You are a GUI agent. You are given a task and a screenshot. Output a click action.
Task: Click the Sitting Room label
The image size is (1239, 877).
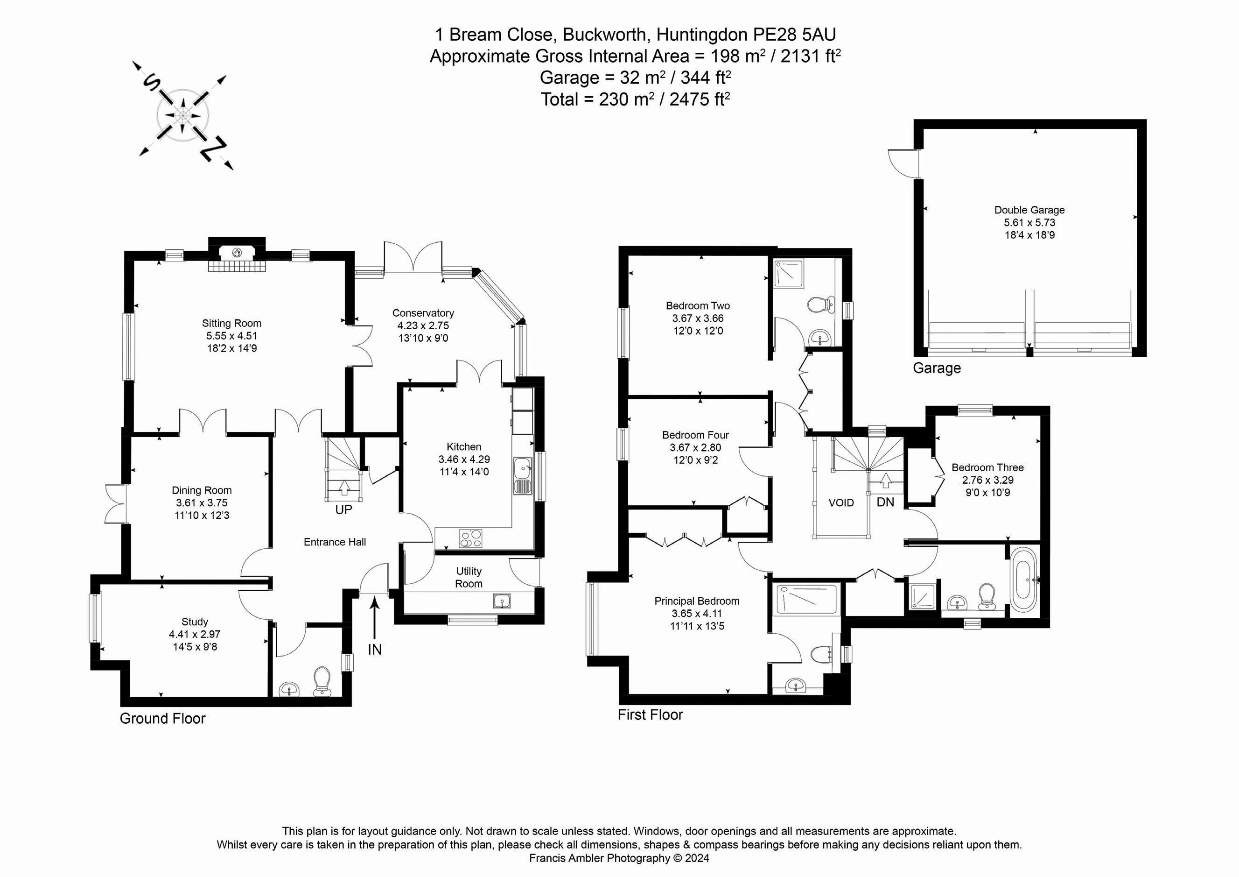click(231, 324)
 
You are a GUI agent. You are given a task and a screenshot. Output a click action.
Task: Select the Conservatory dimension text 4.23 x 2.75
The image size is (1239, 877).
click(423, 325)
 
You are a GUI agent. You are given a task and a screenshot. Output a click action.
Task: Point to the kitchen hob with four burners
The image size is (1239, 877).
click(470, 538)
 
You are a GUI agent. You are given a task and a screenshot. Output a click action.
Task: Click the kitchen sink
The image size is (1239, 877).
click(522, 476)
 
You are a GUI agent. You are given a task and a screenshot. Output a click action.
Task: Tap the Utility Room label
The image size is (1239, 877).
click(469, 577)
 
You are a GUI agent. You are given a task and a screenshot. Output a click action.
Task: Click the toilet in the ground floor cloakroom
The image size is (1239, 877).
click(322, 681)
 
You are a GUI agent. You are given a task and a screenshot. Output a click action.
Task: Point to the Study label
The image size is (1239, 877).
click(195, 622)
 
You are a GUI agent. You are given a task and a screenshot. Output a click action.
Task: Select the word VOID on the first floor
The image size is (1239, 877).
click(841, 503)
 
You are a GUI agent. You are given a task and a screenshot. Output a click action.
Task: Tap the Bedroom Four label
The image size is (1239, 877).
click(696, 435)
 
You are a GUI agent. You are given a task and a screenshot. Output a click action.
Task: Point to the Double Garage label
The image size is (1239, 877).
click(1029, 210)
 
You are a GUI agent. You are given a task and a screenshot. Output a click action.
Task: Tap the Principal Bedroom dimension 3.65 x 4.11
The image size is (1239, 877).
click(697, 614)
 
